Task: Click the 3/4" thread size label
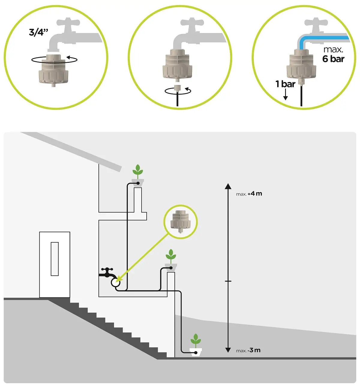[38, 32]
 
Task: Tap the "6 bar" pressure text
[333, 59]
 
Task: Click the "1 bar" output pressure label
[285, 84]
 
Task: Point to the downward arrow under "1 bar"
[286, 96]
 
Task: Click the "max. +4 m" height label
[249, 194]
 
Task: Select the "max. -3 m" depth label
[248, 350]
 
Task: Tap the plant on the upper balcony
[138, 171]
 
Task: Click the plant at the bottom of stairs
[196, 341]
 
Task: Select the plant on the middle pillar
[171, 256]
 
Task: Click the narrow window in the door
[55, 259]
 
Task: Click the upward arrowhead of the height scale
[228, 186]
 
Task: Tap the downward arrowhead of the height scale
[228, 350]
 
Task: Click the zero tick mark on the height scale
[228, 281]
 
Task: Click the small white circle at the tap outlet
[115, 282]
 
